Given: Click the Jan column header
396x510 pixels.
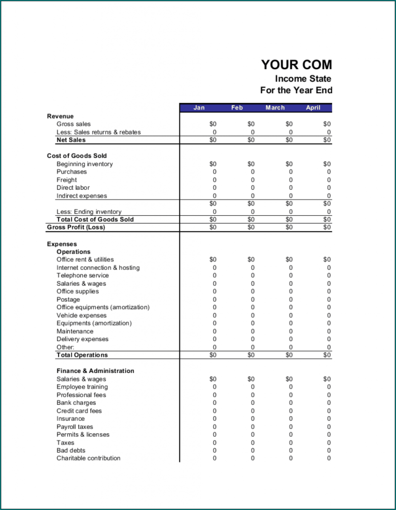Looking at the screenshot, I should pos(199,108).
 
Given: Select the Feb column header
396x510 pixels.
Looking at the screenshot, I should pos(237,108).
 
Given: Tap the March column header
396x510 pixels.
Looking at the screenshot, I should pos(275,108).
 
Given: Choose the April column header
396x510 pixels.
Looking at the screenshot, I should pos(313,108).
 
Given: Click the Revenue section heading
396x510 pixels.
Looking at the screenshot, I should pos(60,116).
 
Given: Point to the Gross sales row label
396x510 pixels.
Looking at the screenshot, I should pos(74,124).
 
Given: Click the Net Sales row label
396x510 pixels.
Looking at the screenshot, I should pos(71,140).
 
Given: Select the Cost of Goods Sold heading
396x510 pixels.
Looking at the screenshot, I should pos(77,156).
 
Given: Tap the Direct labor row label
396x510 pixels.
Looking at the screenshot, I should pos(73,188).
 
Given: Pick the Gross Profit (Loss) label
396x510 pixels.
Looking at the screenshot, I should pos(76,227).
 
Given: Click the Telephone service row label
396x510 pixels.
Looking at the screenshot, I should pos(83,275).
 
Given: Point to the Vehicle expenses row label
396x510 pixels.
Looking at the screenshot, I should pos(82,315).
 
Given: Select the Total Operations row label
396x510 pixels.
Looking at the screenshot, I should pos(82,355).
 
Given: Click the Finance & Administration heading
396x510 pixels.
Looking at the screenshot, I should pos(95,371).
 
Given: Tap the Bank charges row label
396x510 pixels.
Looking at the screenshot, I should pos(76,402).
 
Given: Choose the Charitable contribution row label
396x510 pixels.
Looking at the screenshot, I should pos(89,458).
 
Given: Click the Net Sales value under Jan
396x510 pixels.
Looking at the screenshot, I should pos(213,140).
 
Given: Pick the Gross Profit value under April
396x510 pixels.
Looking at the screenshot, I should pos(327,227).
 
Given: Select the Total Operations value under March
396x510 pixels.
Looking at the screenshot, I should pos(289,355).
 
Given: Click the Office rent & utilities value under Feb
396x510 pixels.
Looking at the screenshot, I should pos(251,259).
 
